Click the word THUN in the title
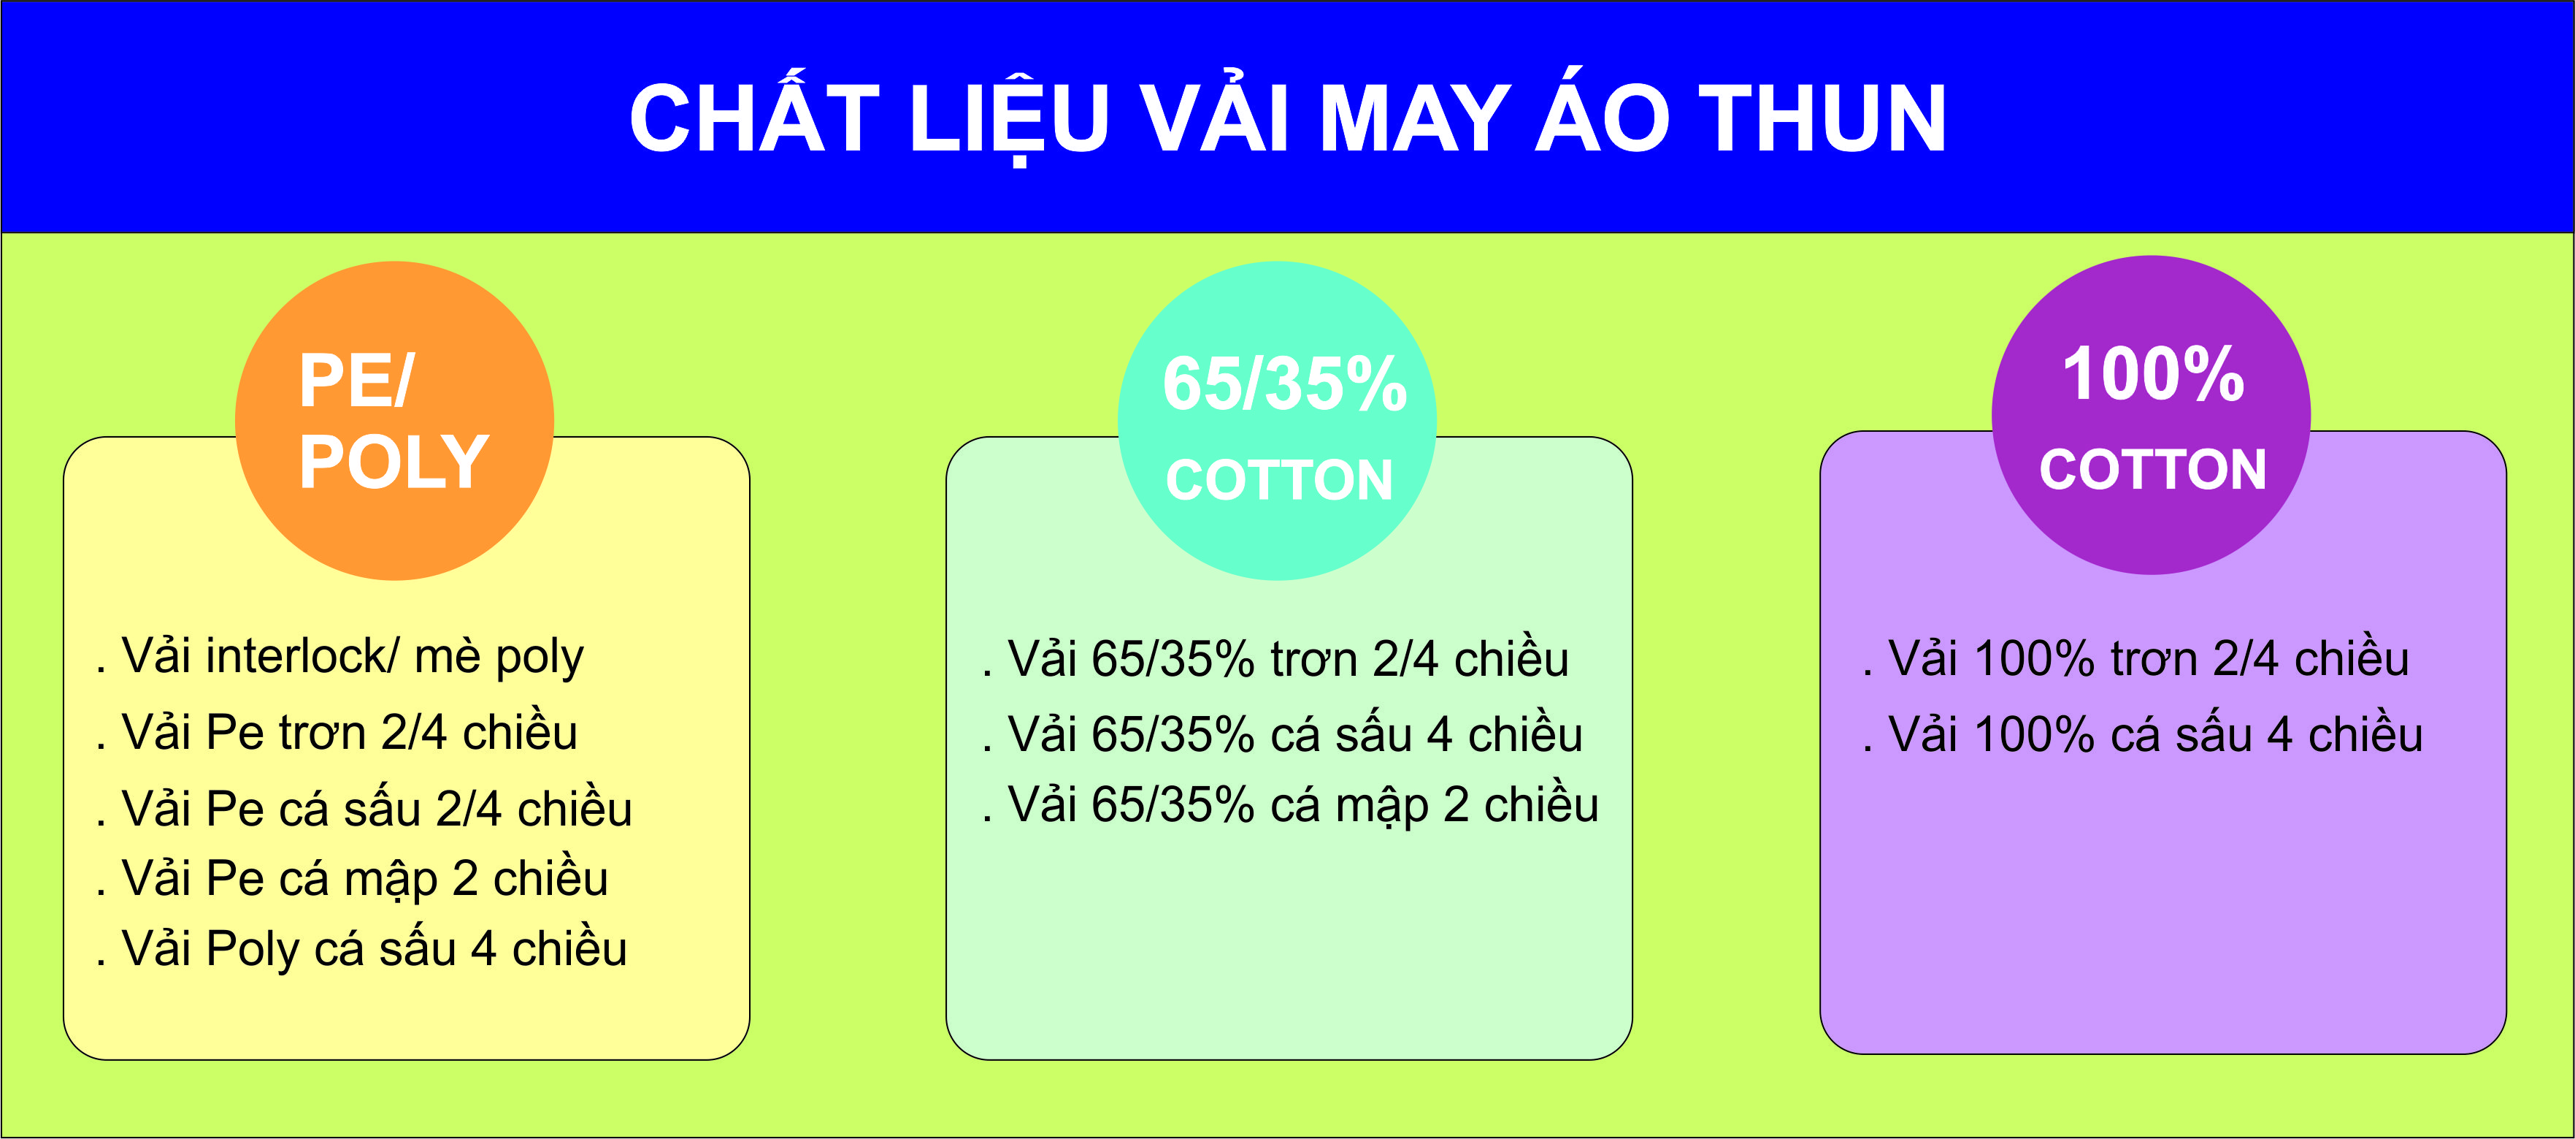tap(1822, 118)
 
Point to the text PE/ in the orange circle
tap(356, 381)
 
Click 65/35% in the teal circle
tap(1284, 384)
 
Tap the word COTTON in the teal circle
tap(1280, 480)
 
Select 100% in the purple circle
tap(2153, 374)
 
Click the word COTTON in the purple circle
tap(2153, 469)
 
